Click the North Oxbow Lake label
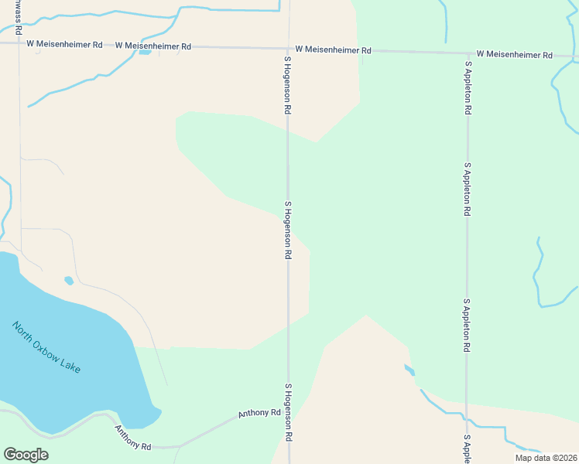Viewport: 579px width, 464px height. point(46,347)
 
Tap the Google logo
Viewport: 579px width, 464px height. point(26,455)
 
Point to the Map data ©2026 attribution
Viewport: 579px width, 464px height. point(546,458)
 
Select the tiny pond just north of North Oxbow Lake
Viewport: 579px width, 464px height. point(69,280)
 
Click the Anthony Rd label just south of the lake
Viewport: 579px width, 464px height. point(133,438)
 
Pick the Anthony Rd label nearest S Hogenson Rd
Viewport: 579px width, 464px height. point(259,414)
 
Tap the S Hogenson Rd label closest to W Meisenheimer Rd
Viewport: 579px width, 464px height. point(287,86)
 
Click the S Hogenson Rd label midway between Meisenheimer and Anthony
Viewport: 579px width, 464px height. point(287,230)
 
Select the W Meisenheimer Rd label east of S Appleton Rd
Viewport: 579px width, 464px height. point(514,55)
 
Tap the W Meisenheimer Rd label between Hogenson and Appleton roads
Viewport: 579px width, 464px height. point(333,50)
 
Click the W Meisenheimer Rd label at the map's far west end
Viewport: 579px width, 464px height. point(64,45)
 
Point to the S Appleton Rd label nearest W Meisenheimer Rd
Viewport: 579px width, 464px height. point(468,88)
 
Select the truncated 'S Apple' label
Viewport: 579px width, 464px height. point(467,450)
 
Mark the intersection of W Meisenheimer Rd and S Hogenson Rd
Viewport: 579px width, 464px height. point(288,48)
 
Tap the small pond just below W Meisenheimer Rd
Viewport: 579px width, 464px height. point(144,53)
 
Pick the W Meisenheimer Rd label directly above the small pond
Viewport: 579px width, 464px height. point(153,46)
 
